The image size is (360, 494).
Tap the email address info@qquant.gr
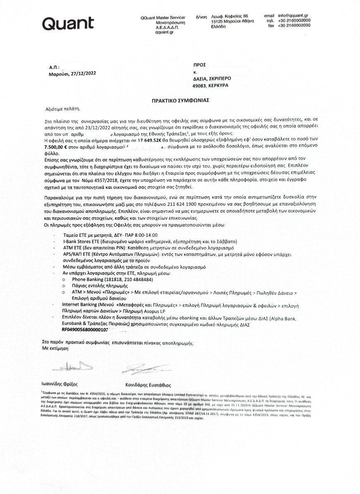click(295, 16)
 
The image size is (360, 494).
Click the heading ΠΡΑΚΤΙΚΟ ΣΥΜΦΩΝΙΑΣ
click(180, 101)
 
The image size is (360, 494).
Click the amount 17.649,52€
click(153, 140)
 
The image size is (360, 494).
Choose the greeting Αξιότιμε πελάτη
click(62, 109)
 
